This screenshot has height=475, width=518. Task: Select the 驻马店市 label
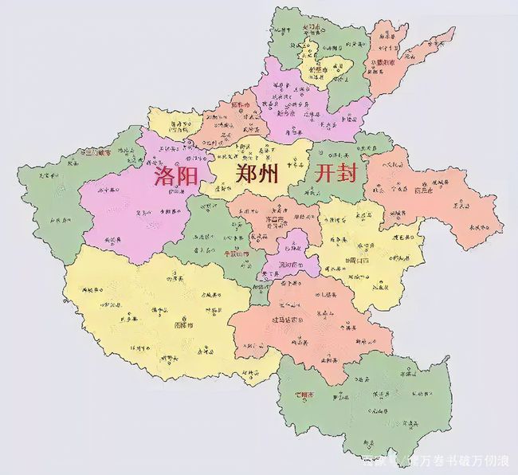point(286,319)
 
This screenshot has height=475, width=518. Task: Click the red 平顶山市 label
point(235,253)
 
